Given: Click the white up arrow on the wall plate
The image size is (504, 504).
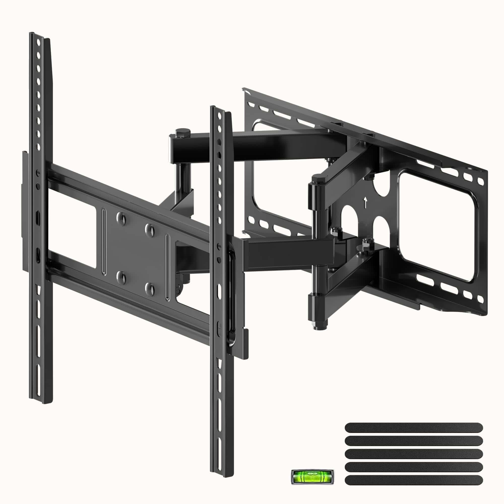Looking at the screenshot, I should tap(365, 203).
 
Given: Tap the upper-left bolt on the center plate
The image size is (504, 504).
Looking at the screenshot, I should tap(121, 218).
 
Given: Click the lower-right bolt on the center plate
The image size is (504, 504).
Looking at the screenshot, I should tap(150, 289).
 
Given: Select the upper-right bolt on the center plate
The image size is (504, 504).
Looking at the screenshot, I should tap(150, 230).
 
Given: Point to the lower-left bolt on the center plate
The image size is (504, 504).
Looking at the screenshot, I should tap(121, 277).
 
